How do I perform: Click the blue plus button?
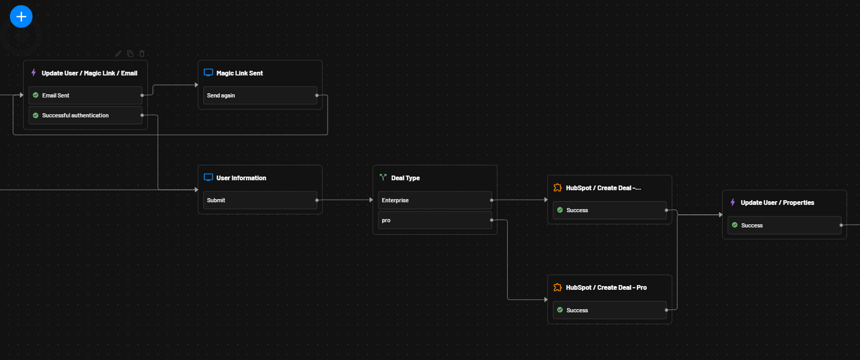[x=21, y=17]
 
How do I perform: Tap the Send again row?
[x=259, y=95]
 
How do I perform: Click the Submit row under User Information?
[x=259, y=200]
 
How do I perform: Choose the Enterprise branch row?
[x=434, y=200]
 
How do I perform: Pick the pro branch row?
[x=434, y=220]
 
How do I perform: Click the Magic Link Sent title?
[x=240, y=73]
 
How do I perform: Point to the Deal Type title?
[x=405, y=178]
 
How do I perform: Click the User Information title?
[x=241, y=178]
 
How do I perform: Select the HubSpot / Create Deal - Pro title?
[x=606, y=288]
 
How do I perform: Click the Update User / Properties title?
[x=777, y=203]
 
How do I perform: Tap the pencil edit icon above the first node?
[x=118, y=53]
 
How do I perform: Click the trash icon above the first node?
[x=141, y=53]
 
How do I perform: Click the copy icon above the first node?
[x=130, y=53]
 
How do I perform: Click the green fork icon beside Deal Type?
[x=383, y=178]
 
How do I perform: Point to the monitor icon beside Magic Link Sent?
[x=208, y=73]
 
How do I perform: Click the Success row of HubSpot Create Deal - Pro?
[x=609, y=310]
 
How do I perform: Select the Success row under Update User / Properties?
[x=784, y=225]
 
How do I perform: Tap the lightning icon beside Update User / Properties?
[x=733, y=202]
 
